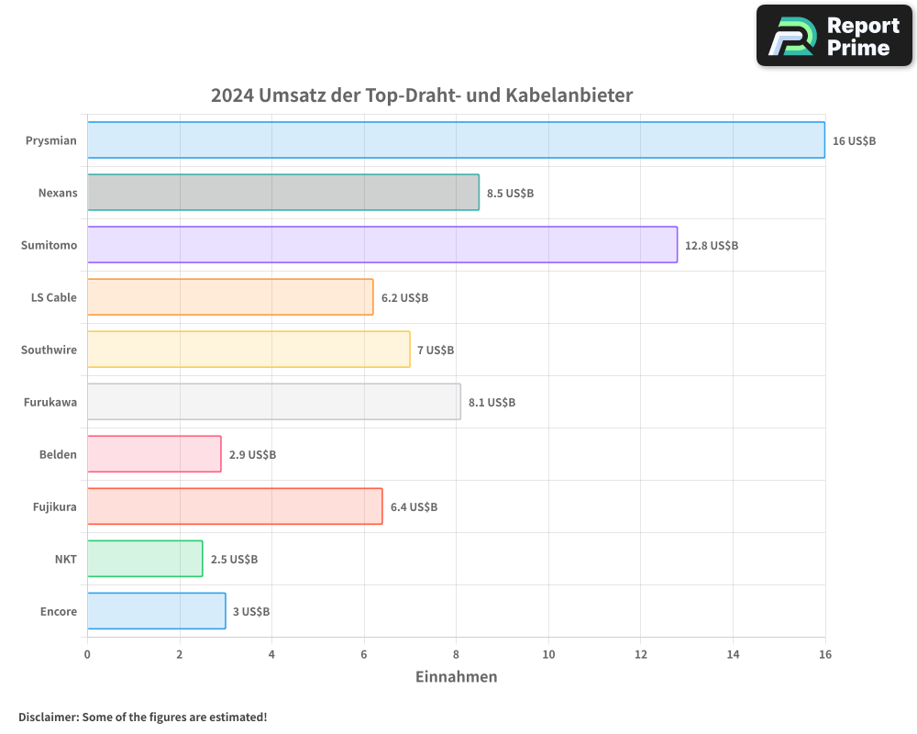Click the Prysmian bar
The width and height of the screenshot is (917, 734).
click(x=456, y=140)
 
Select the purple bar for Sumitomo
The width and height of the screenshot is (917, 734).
click(x=382, y=245)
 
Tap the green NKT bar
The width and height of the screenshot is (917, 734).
click(x=145, y=559)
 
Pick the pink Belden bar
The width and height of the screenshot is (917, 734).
click(x=154, y=454)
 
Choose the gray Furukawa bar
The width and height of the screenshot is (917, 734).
click(x=273, y=402)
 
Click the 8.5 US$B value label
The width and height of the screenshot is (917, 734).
click(x=510, y=194)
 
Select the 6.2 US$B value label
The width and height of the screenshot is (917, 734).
click(x=404, y=298)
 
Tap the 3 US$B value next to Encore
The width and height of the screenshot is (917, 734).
click(x=251, y=612)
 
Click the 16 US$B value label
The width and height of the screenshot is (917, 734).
click(x=854, y=141)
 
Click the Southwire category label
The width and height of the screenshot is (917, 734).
click(x=49, y=350)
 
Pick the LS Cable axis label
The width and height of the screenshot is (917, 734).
click(x=54, y=298)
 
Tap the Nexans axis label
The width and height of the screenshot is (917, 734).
click(x=58, y=194)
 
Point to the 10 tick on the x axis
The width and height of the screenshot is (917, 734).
click(x=548, y=654)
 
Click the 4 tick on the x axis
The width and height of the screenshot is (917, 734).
click(x=271, y=654)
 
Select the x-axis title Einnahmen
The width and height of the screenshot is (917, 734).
click(x=456, y=677)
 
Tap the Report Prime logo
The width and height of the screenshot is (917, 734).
click(x=834, y=36)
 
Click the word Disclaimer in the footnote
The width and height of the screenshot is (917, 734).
click(x=48, y=717)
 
